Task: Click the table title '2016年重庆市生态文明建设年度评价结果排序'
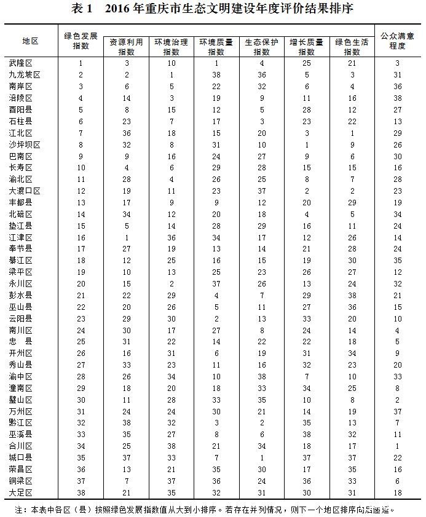pyautogui.click(x=212, y=10)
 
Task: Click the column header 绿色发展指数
pyautogui.click(x=81, y=41)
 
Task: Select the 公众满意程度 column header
pyautogui.click(x=397, y=41)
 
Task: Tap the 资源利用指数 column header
pyautogui.click(x=127, y=47)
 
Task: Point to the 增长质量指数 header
pyautogui.click(x=307, y=47)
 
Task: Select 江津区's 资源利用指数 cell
pyautogui.click(x=127, y=237)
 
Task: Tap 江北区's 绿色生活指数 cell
pyautogui.click(x=352, y=133)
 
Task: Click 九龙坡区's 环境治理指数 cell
pyautogui.click(x=172, y=74)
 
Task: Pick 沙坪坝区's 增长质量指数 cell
pyautogui.click(x=307, y=144)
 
